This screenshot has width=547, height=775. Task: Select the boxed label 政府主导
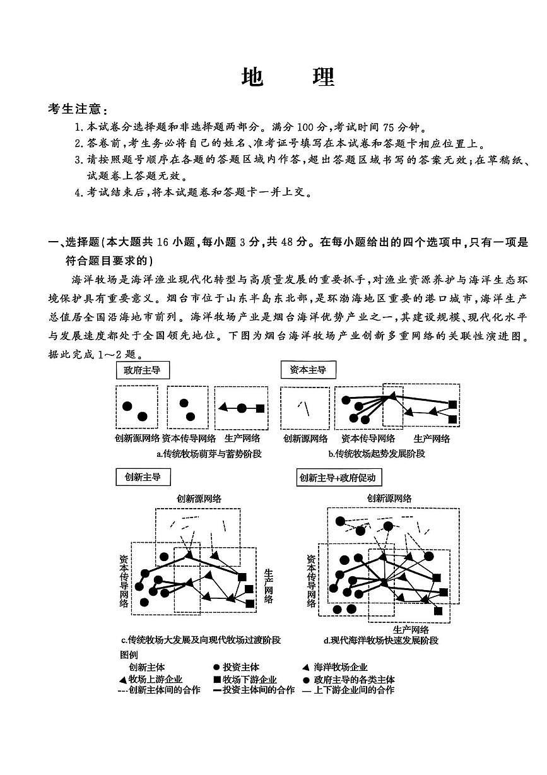click(x=142, y=370)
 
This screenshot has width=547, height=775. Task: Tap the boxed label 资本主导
click(x=308, y=370)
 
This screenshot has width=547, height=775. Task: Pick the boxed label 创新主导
click(x=143, y=477)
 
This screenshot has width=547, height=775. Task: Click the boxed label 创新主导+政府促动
click(x=339, y=478)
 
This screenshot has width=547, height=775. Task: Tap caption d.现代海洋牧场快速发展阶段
click(x=380, y=640)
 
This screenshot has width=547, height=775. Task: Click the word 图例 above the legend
click(x=128, y=655)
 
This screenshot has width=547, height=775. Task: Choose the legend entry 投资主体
click(x=236, y=667)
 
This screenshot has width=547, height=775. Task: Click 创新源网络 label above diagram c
click(x=199, y=499)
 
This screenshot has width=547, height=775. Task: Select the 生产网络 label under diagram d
click(x=411, y=629)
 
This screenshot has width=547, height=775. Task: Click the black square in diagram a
click(x=260, y=408)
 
